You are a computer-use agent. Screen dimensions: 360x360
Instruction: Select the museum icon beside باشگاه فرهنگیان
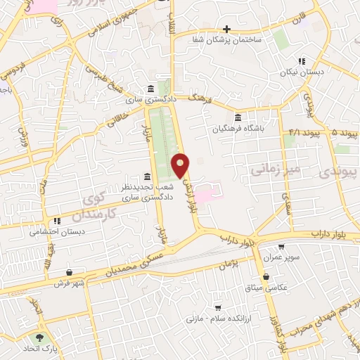[238, 117]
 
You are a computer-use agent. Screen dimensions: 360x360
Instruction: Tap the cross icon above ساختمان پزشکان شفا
[226, 29]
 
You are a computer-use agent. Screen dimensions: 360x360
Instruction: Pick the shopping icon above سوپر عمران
[281, 247]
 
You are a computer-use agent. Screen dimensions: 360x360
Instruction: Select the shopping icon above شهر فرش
[69, 272]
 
